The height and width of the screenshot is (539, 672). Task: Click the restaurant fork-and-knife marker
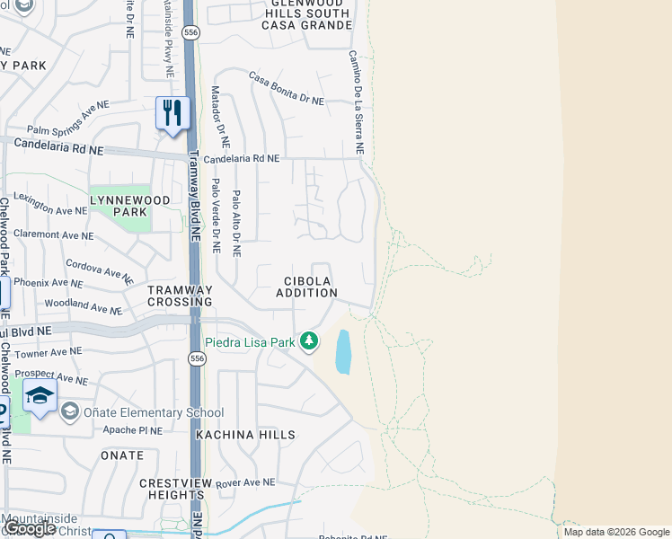tap(172, 113)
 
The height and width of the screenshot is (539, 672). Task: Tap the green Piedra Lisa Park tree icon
tap(309, 341)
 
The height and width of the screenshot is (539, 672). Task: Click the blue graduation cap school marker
tap(40, 395)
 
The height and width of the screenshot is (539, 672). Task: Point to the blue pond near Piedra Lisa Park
tap(343, 351)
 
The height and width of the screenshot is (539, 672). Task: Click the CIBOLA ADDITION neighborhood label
tap(306, 287)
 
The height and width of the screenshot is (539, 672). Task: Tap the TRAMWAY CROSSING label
tap(181, 296)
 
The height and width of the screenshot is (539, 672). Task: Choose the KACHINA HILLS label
tap(245, 435)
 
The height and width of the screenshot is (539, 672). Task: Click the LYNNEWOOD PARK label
tap(118, 205)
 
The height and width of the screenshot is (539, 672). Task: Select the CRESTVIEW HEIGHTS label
tap(172, 489)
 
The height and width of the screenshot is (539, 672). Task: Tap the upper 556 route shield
tap(190, 32)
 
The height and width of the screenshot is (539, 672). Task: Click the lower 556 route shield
tap(196, 359)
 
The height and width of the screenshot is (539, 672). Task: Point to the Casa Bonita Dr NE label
tap(286, 89)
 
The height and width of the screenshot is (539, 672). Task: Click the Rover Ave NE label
tap(244, 482)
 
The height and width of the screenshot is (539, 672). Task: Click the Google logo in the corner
tap(31, 528)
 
